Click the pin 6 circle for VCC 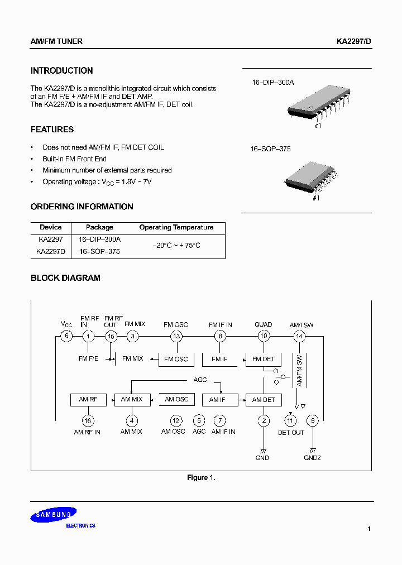66,336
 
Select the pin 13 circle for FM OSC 176,336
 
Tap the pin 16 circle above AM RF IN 88,421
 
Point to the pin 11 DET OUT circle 290,420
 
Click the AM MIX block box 132,400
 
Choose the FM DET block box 264,359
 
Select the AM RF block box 88,400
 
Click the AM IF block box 218,400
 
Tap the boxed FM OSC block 176,359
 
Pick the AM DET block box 264,400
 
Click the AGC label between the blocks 200,380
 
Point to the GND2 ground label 313,458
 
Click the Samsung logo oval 54,515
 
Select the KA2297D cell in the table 51,252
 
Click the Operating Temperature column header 176,228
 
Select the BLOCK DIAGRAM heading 65,278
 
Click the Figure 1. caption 201,478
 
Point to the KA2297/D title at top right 354,42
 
